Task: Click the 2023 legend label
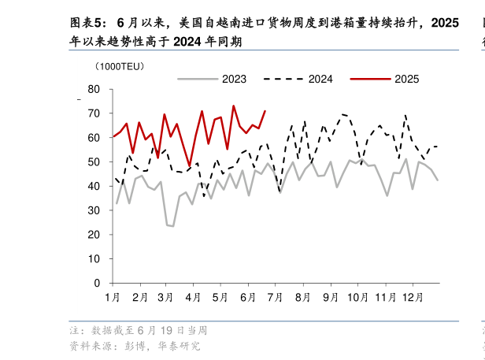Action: [234, 79]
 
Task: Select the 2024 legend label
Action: [320, 79]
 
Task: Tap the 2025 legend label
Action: [406, 79]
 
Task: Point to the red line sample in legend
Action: [370, 79]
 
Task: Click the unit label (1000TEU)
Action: [120, 66]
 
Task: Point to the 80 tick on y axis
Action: [94, 90]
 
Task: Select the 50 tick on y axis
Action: [94, 162]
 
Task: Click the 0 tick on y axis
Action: [97, 283]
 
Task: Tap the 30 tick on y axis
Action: [94, 210]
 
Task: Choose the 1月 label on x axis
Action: [113, 297]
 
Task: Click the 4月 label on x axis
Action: [194, 297]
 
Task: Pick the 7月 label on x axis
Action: [276, 297]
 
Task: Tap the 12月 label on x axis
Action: [412, 297]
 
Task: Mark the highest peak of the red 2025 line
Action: [233, 106]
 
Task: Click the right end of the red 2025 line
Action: [265, 111]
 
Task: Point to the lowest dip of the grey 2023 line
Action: [172, 226]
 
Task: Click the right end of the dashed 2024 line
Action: [437, 147]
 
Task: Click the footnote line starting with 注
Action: [138, 330]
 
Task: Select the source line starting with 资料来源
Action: [135, 345]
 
